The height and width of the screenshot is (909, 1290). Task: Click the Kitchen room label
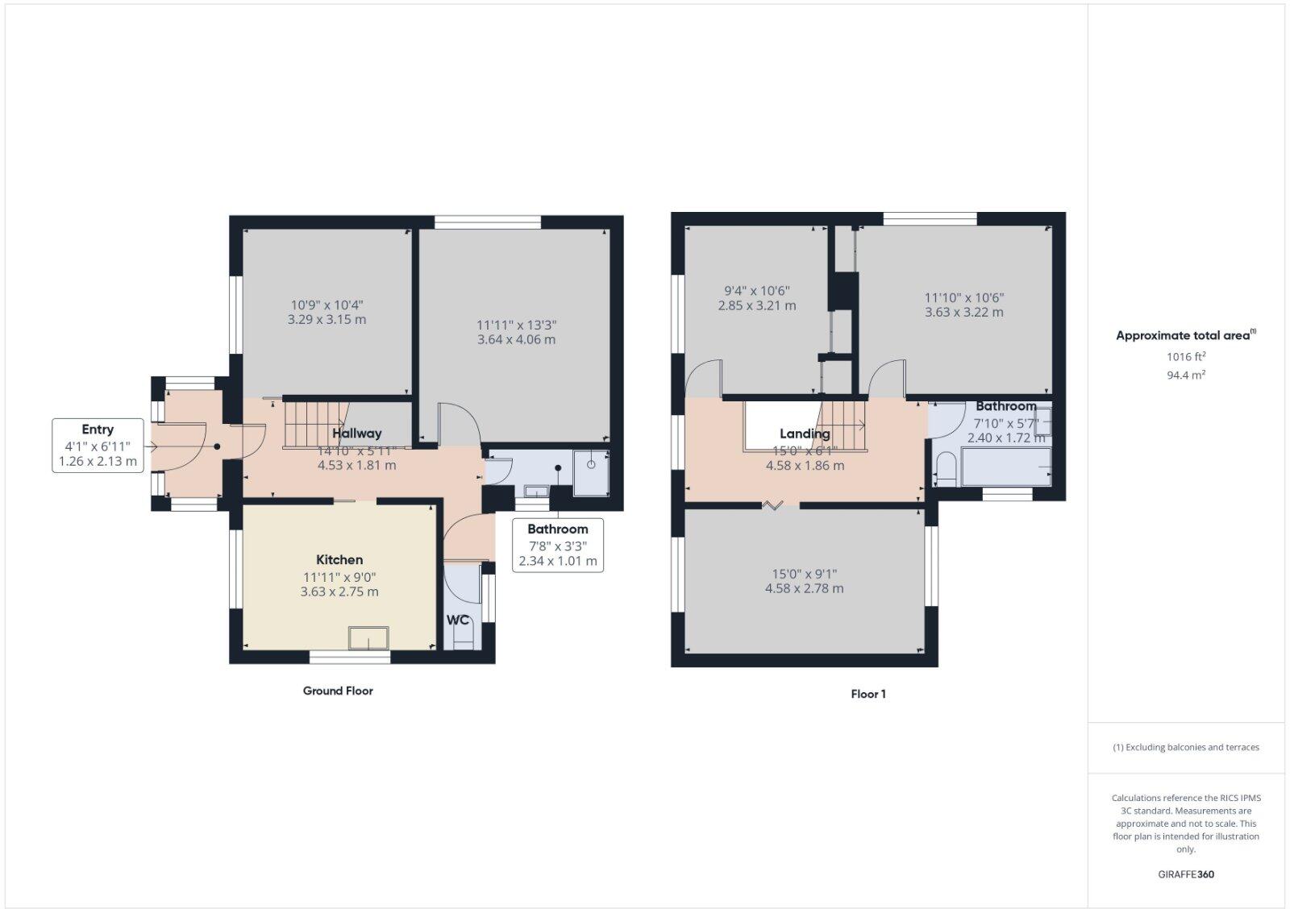(339, 559)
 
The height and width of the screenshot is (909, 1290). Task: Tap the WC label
(458, 621)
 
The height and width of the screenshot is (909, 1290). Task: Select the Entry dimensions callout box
(98, 446)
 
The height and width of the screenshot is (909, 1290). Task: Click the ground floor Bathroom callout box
(557, 545)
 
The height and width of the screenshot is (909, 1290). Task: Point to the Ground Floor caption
(338, 691)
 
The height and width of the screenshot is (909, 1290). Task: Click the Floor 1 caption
(868, 694)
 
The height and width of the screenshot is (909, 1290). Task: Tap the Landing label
(804, 434)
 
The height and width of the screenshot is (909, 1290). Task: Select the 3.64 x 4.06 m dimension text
(516, 339)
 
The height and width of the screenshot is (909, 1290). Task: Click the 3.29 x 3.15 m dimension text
(327, 319)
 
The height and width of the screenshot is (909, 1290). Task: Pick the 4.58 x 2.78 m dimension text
(804, 588)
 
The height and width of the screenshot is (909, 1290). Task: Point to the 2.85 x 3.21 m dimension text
(756, 305)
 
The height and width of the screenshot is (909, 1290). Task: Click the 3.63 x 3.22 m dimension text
(963, 312)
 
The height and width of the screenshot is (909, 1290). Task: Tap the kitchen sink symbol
(368, 638)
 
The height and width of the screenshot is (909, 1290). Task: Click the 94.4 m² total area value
(1186, 375)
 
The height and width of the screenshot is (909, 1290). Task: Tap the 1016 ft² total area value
(1186, 356)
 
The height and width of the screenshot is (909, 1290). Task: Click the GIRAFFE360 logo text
(1186, 874)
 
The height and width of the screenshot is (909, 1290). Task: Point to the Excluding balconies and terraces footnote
(1186, 747)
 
